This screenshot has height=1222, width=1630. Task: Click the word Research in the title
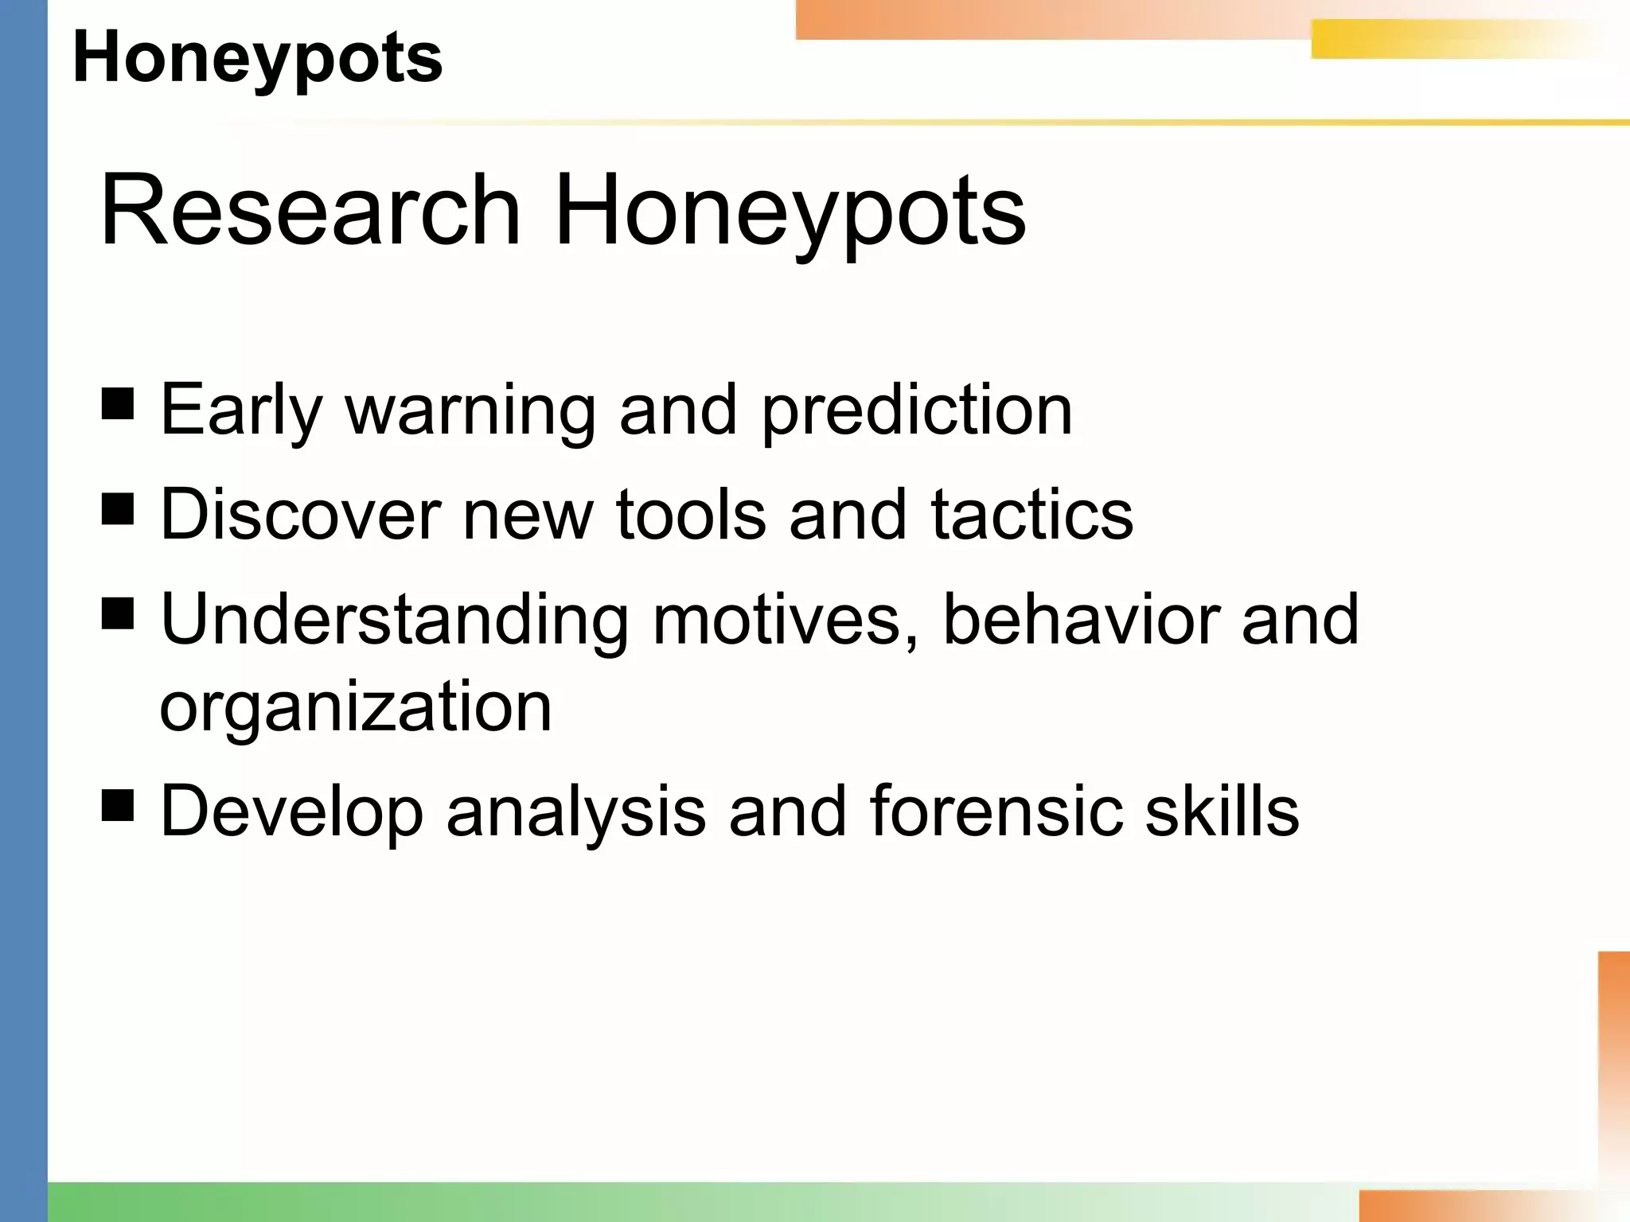coord(310,211)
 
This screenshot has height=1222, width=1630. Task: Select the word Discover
coord(300,515)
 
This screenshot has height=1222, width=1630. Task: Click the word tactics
coord(1031,515)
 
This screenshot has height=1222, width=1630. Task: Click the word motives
coord(784,620)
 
